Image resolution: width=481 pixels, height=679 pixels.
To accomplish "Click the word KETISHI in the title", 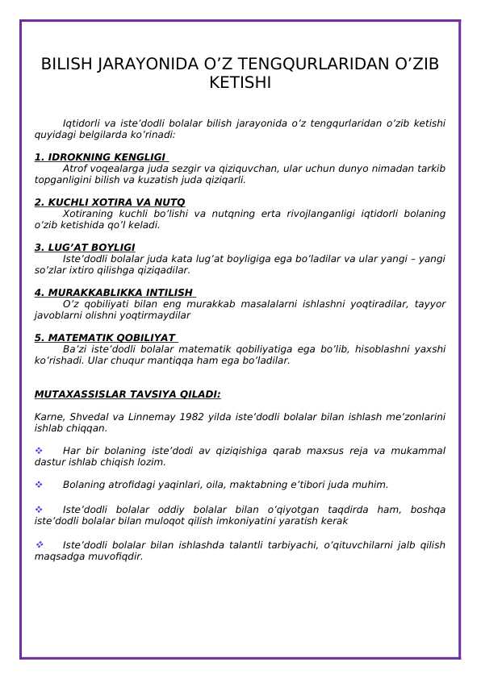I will pyautogui.click(x=240, y=83).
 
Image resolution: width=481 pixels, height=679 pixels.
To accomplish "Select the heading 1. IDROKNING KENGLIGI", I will pyautogui.click(x=99, y=157).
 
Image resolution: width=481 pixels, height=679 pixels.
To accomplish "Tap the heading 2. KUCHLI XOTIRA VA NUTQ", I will pyautogui.click(x=110, y=202).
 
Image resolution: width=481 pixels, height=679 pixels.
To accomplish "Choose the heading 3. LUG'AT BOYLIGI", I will pyautogui.click(x=85, y=248).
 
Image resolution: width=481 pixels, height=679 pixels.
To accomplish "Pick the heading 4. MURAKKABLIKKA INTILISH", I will pyautogui.click(x=114, y=293).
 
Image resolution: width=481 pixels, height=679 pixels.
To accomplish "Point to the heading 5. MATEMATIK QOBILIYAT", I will pyautogui.click(x=105, y=338).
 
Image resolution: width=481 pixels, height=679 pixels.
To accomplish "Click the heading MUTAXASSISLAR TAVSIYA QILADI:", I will pyautogui.click(x=128, y=394).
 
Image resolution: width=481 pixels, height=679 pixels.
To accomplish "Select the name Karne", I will pyautogui.click(x=48, y=417).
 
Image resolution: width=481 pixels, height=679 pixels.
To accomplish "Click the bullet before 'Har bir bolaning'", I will pyautogui.click(x=38, y=451).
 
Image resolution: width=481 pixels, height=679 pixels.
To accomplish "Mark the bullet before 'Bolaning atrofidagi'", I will pyautogui.click(x=38, y=485).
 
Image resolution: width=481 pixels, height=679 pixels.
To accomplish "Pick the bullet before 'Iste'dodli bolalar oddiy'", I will pyautogui.click(x=38, y=510).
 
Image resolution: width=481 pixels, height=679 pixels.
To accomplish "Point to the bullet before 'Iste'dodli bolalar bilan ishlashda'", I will pyautogui.click(x=38, y=545).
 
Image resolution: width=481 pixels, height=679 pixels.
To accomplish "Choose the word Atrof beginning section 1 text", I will pyautogui.click(x=75, y=169).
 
